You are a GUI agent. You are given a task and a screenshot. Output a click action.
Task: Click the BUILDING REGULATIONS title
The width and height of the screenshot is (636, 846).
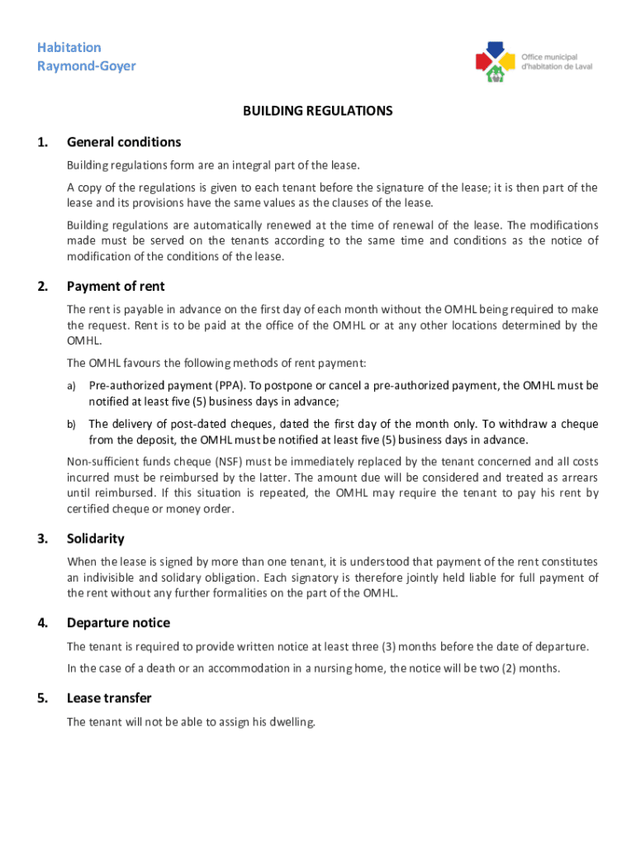point(317,111)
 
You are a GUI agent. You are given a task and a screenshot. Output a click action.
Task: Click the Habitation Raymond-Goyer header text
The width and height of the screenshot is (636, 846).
point(87,56)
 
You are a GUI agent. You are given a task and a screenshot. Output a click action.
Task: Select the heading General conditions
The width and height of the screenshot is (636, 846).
point(124,142)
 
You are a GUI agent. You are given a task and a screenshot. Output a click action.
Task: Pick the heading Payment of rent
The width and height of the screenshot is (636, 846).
point(116,287)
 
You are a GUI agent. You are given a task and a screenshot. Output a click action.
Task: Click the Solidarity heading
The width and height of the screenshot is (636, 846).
point(96,539)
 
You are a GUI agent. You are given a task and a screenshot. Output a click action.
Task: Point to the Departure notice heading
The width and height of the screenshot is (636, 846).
point(118,623)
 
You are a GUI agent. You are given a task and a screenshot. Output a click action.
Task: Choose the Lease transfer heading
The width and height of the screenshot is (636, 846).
point(109,698)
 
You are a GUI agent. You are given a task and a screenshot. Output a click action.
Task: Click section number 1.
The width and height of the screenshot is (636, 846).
point(41,142)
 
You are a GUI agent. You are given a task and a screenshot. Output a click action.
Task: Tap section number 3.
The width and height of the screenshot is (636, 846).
point(41,539)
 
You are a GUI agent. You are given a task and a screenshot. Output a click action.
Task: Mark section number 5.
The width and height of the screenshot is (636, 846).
point(41,698)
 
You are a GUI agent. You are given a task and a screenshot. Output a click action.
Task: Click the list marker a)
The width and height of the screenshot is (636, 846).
point(72,386)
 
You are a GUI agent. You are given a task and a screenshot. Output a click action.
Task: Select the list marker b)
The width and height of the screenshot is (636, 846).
point(72,424)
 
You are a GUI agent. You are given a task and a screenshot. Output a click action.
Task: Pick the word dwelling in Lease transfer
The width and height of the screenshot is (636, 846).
point(289,722)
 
